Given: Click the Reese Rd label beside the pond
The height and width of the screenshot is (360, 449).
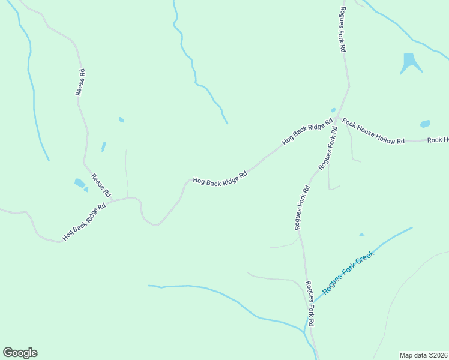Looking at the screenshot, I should point(101,186).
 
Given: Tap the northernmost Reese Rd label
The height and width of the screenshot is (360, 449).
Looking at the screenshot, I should point(80,83).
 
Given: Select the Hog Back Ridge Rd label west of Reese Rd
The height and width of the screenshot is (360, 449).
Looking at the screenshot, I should point(84,222).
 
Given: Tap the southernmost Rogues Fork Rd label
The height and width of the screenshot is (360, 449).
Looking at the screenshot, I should point(310,304).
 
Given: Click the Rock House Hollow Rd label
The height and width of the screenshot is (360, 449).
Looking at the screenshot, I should point(373,131).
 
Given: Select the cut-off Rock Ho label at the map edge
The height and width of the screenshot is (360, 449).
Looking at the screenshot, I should point(438,140).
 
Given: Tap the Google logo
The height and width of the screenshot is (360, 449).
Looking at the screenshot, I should point(20,353).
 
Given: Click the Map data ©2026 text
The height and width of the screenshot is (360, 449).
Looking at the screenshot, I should point(424,355).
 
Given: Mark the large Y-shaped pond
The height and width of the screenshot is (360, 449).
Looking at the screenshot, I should point(410,62).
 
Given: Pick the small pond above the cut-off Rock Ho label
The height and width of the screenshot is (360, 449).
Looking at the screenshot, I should point(425,124).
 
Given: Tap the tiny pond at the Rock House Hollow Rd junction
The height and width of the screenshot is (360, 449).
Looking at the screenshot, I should point(333,110).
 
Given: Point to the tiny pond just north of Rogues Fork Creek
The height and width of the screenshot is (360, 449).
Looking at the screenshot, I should point(361,235).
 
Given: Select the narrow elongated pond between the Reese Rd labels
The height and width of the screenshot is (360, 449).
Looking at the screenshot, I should point(104,146).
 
